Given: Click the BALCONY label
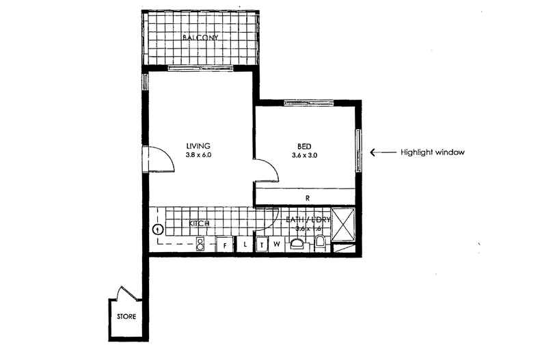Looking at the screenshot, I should tap(200, 38).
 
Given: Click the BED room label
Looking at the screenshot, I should tap(304, 146).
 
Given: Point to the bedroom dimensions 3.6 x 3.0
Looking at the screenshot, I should tap(304, 156).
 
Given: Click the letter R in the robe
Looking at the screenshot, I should tap(308, 198).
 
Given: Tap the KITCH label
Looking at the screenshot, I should tap(199, 223).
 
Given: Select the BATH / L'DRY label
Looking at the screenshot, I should tap(309, 219).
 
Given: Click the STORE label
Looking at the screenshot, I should tap(126, 317).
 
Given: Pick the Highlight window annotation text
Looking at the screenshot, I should tap(433, 153).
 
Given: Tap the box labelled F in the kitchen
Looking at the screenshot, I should tap(225, 244).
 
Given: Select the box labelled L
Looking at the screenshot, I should tap(244, 244).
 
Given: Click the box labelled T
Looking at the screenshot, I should tap(262, 244).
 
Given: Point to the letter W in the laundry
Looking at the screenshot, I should tap(277, 243).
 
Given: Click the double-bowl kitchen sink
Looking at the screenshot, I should tap(201, 245).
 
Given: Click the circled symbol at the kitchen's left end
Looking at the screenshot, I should tap(158, 230).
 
